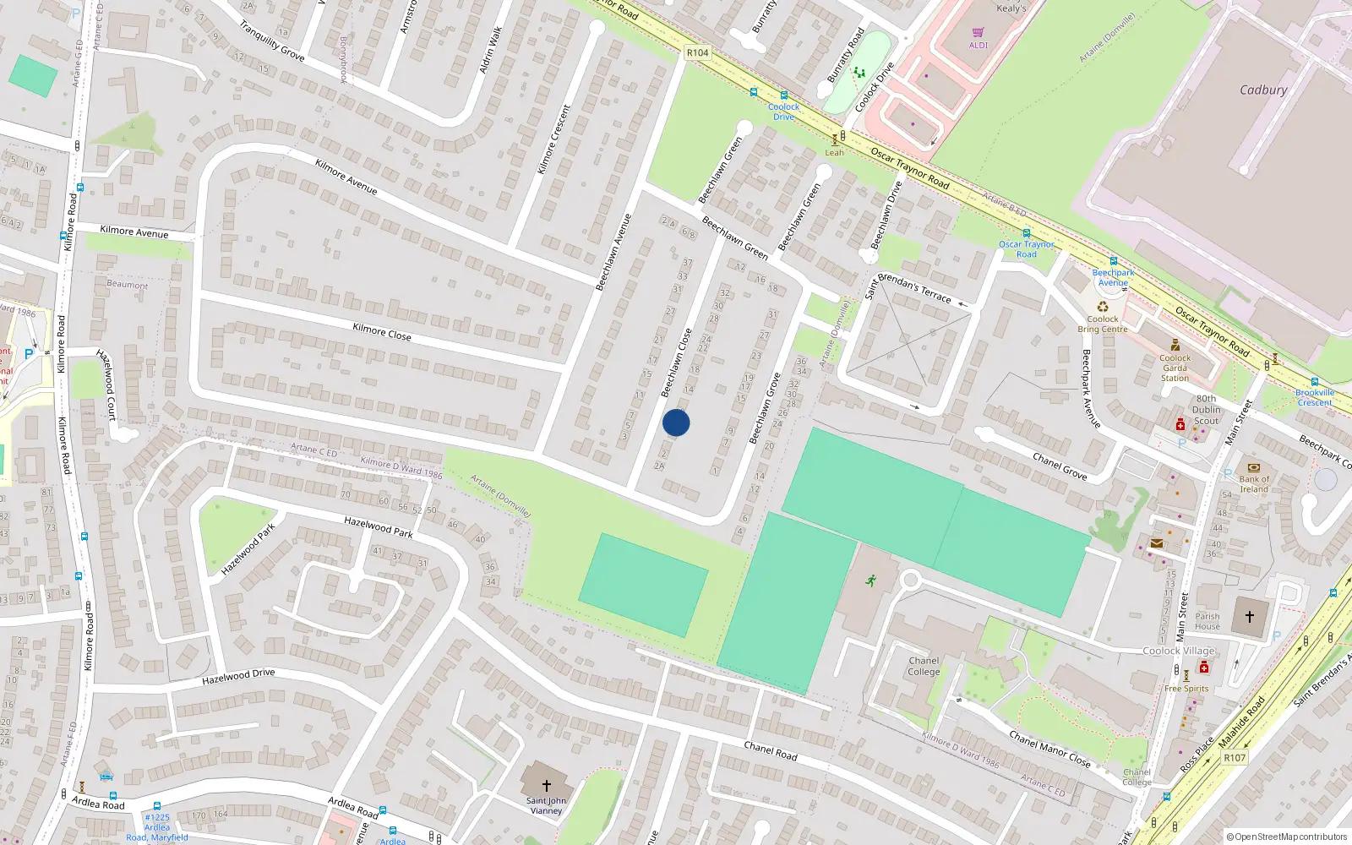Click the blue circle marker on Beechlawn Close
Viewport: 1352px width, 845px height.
[676, 422]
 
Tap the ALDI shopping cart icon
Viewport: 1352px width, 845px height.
[979, 33]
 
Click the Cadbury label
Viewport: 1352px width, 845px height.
[1263, 90]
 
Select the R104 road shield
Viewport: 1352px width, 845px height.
[697, 52]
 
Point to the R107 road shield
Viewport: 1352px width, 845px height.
[1235, 757]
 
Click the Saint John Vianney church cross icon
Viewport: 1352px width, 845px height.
[547, 785]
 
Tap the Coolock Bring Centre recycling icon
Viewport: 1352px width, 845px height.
[1103, 307]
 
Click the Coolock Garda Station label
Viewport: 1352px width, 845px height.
[1175, 368]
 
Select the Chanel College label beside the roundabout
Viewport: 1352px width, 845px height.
[924, 666]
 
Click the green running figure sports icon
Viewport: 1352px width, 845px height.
[870, 581]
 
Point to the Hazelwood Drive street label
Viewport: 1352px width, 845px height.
[238, 676]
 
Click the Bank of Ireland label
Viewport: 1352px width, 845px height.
[1254, 483]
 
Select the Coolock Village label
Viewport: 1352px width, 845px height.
[1179, 651]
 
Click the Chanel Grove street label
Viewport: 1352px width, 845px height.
[1060, 466]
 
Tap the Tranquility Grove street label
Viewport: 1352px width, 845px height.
[271, 41]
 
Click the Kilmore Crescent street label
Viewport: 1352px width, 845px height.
[554, 139]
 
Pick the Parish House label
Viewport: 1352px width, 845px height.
[1207, 621]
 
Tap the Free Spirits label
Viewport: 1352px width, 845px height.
[1186, 689]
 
